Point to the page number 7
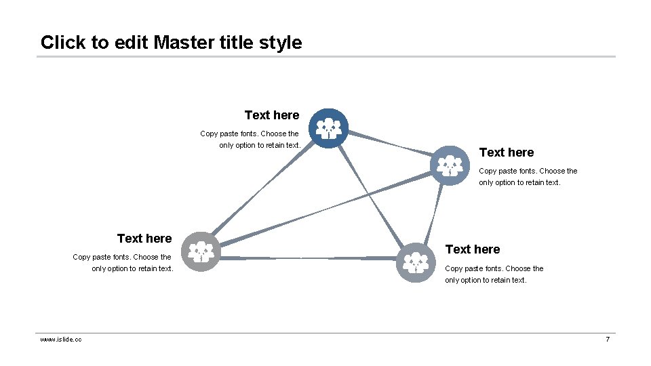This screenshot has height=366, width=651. [x=608, y=339]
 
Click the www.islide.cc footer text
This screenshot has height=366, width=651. [x=61, y=339]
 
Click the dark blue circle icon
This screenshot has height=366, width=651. [x=329, y=128]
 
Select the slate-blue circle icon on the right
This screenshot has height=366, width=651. [x=450, y=165]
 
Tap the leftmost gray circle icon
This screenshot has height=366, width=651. [x=201, y=251]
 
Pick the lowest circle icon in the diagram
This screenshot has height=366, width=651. [x=416, y=262]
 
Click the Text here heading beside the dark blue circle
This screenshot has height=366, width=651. [x=271, y=115]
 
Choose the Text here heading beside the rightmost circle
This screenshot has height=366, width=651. [x=506, y=152]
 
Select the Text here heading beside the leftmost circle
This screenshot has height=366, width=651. [x=144, y=239]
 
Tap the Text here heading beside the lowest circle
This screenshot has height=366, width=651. [x=472, y=249]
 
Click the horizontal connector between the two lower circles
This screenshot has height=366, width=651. [x=309, y=258]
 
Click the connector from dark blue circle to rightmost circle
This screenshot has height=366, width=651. [x=390, y=146]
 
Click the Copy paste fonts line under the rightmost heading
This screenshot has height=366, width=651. [x=528, y=171]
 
